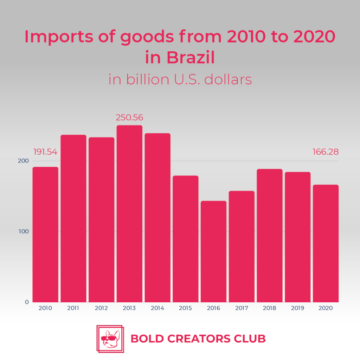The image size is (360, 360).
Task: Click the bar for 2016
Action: coord(213,251)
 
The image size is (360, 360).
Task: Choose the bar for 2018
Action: coord(269,236)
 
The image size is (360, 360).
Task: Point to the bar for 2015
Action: coord(185,239)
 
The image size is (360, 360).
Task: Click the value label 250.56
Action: coord(129,118)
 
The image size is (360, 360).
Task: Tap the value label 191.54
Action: coord(45,152)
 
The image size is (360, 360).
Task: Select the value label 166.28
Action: coord(326,152)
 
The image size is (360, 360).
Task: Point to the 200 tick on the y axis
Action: coord(24,161)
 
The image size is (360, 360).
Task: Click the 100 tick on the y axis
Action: coord(24,232)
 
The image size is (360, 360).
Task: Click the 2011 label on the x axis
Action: coord(73,308)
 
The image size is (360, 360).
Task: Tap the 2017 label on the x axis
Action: coord(241,308)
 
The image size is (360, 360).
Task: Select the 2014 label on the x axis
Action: coord(157,308)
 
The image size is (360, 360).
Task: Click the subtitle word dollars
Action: coord(228,79)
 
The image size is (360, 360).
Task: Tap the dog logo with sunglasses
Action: coord(110,339)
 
